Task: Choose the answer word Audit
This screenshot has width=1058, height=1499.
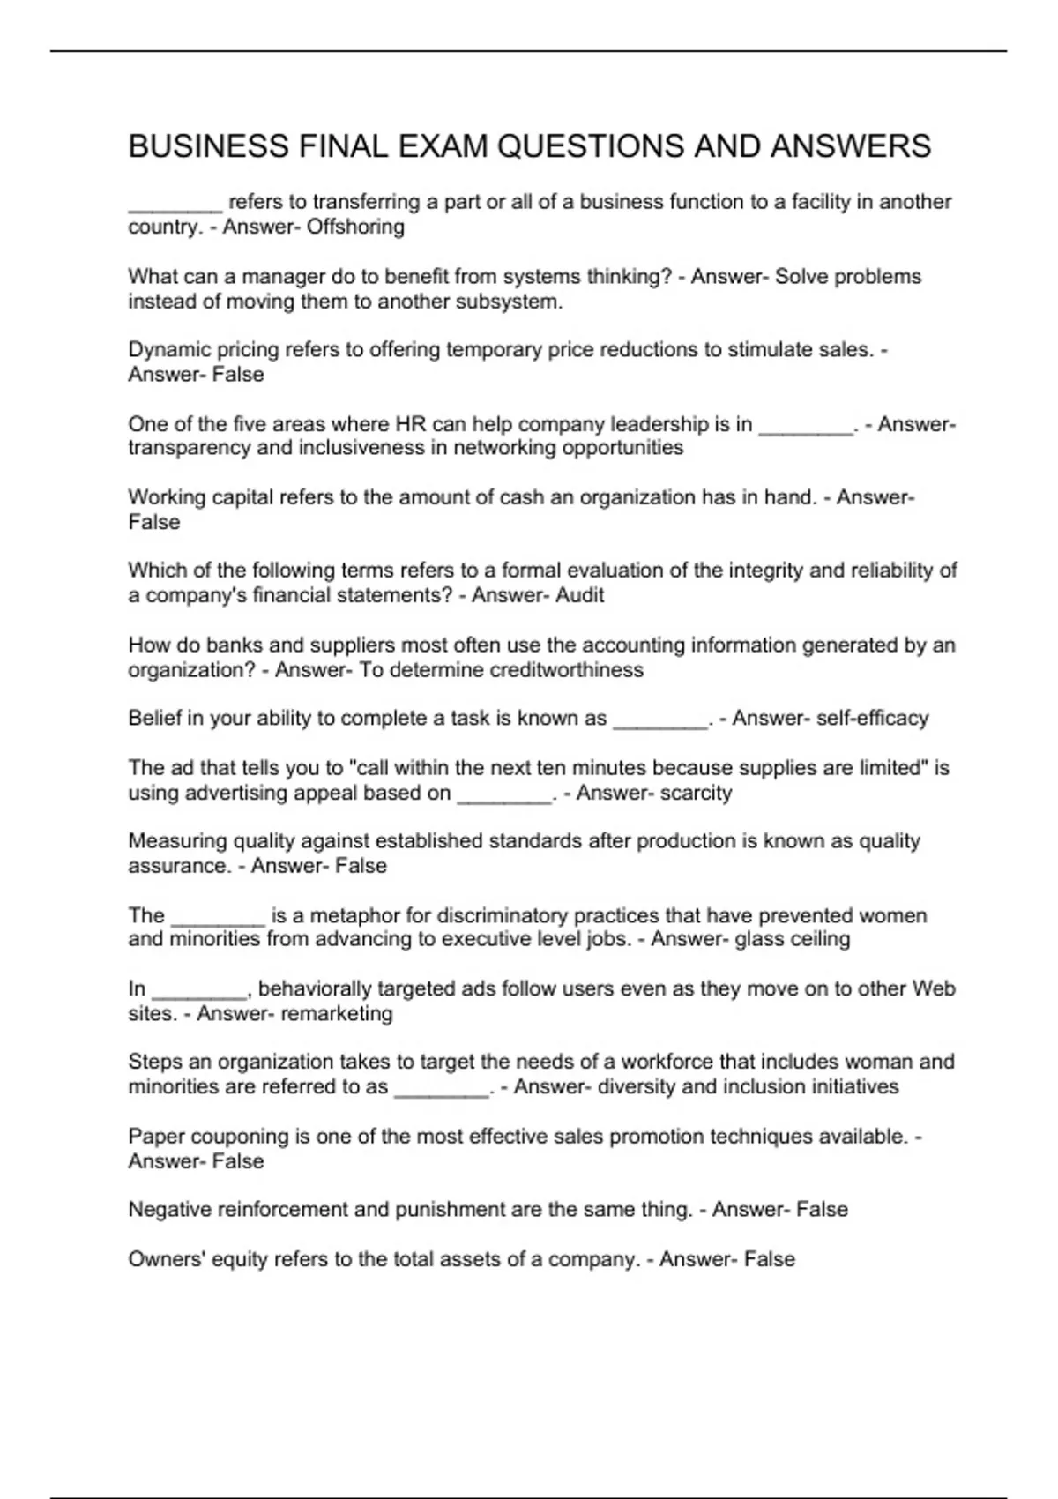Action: pos(579,595)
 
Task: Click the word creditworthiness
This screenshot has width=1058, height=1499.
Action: pos(566,670)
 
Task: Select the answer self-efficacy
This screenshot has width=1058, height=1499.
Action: pos(872,719)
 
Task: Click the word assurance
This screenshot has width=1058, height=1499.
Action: pos(179,866)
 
